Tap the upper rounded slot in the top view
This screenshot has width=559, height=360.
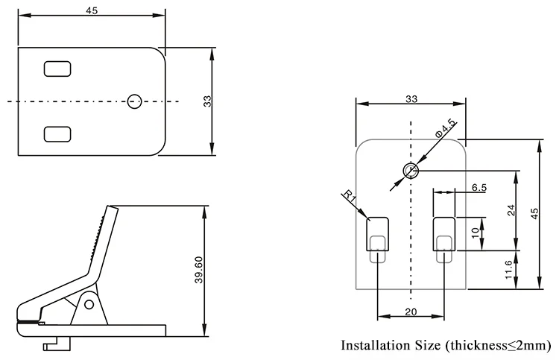(x=57, y=69)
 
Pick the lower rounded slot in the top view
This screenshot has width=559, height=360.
(x=57, y=134)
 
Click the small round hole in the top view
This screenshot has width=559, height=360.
(x=135, y=101)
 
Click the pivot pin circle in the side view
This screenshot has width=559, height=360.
(x=89, y=304)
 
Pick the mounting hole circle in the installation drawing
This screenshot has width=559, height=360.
(x=410, y=171)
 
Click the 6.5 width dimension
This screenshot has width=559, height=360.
(x=479, y=188)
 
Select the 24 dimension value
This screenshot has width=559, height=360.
(x=511, y=209)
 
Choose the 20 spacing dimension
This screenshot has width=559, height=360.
(x=411, y=312)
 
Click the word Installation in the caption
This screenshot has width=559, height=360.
(x=378, y=345)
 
